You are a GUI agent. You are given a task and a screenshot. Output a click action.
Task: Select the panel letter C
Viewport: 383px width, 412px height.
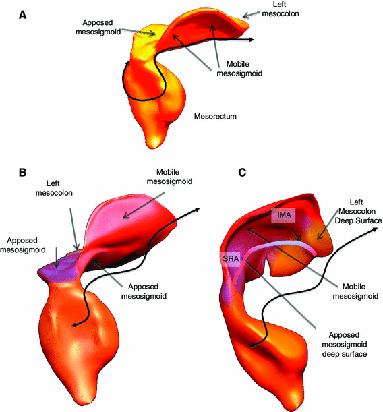point(242,173)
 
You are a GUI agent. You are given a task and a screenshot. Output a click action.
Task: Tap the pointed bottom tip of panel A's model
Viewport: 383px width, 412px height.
point(156,143)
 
